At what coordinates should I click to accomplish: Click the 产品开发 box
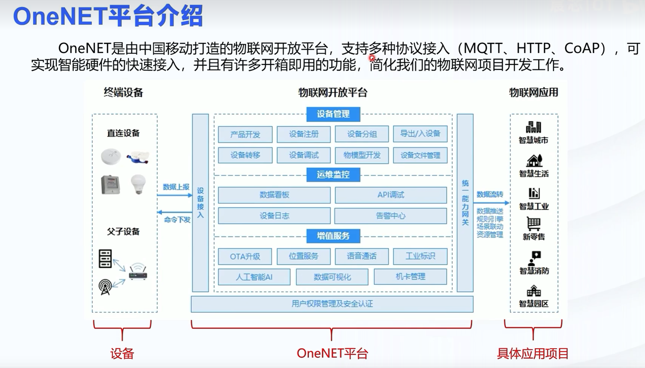(x=245, y=134)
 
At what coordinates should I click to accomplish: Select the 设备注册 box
(x=304, y=134)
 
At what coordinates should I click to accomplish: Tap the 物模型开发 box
(x=362, y=155)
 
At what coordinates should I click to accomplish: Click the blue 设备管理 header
(x=333, y=114)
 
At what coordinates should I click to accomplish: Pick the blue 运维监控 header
(x=333, y=175)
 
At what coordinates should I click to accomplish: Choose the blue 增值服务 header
(x=333, y=236)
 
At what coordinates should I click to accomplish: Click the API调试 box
(x=391, y=195)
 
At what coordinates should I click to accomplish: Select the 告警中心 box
(x=390, y=216)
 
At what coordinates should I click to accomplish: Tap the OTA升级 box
(x=245, y=256)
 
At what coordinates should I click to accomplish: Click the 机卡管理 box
(x=410, y=277)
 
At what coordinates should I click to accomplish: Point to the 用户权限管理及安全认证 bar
(x=332, y=304)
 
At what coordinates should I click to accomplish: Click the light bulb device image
(x=138, y=184)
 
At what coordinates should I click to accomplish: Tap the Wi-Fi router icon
(x=138, y=271)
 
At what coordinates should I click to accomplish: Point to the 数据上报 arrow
(x=175, y=195)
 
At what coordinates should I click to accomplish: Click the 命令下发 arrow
(x=175, y=212)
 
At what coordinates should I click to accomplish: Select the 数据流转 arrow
(x=491, y=203)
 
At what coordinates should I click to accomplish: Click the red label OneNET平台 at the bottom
(x=332, y=353)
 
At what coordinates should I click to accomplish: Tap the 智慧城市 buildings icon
(x=533, y=127)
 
